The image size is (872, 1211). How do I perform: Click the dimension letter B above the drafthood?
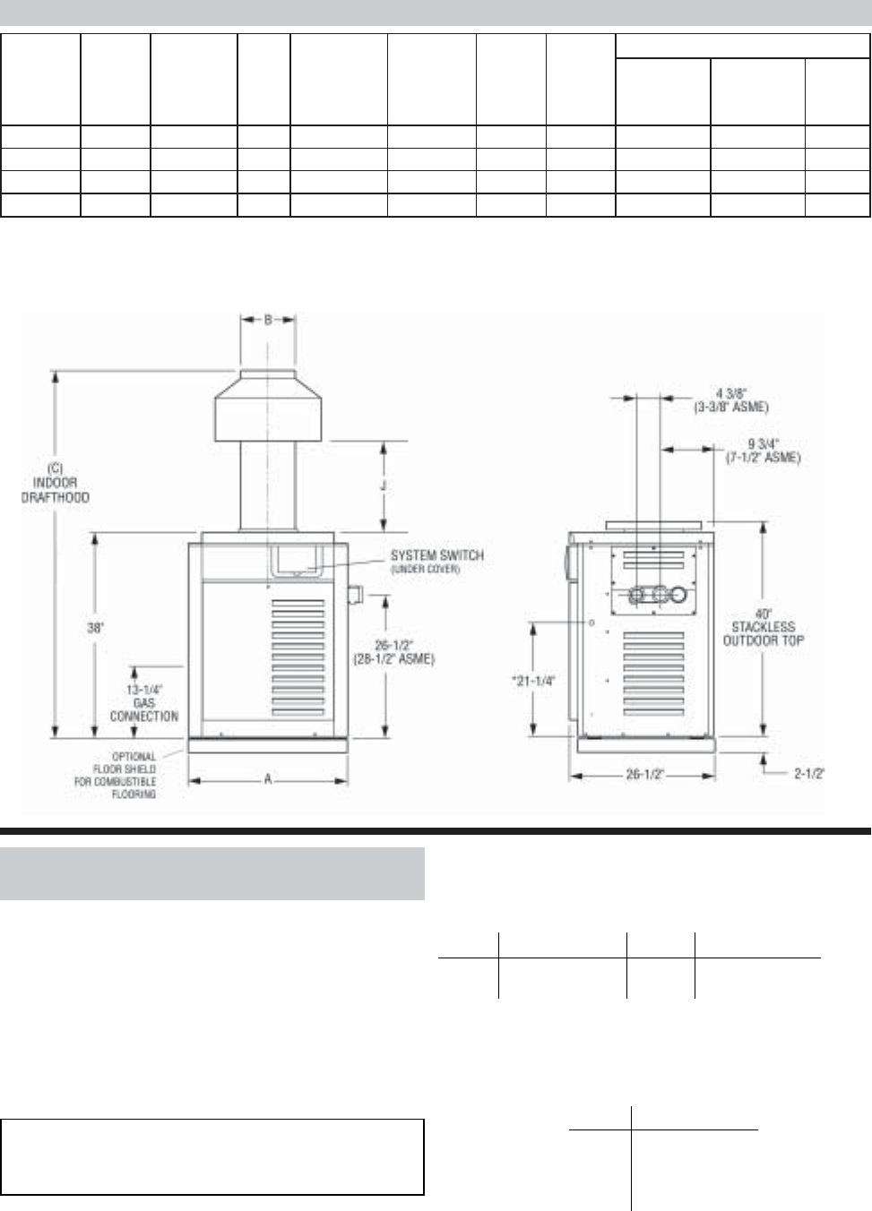(268, 320)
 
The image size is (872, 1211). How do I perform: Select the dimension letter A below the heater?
(267, 780)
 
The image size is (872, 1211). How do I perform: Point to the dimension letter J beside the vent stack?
(384, 485)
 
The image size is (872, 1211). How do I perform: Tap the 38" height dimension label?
(95, 628)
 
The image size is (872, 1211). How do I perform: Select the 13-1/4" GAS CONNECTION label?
(143, 702)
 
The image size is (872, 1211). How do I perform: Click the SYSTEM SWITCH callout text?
(436, 561)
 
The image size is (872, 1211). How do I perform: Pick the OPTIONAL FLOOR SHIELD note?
(115, 775)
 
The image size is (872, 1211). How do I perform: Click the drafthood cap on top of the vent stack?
(267, 404)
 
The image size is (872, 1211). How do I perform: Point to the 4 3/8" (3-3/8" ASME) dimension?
(731, 399)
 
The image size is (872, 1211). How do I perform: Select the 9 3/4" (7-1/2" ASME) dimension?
(762, 450)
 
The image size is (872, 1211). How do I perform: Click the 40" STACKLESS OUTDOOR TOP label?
(763, 627)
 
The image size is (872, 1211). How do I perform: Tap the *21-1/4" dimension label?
(533, 681)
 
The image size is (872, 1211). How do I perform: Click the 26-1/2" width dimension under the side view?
(644, 775)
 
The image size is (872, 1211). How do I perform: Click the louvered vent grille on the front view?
(298, 654)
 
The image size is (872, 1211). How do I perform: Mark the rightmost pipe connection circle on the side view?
(683, 594)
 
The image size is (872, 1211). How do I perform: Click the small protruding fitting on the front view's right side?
(354, 595)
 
